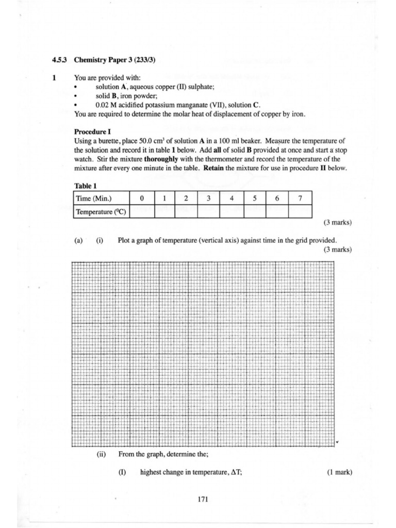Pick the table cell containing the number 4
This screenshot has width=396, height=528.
(x=232, y=198)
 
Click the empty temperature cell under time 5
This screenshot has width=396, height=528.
(x=254, y=211)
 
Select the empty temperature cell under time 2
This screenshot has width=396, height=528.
(x=186, y=211)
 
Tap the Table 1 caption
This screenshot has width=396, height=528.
(x=86, y=186)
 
